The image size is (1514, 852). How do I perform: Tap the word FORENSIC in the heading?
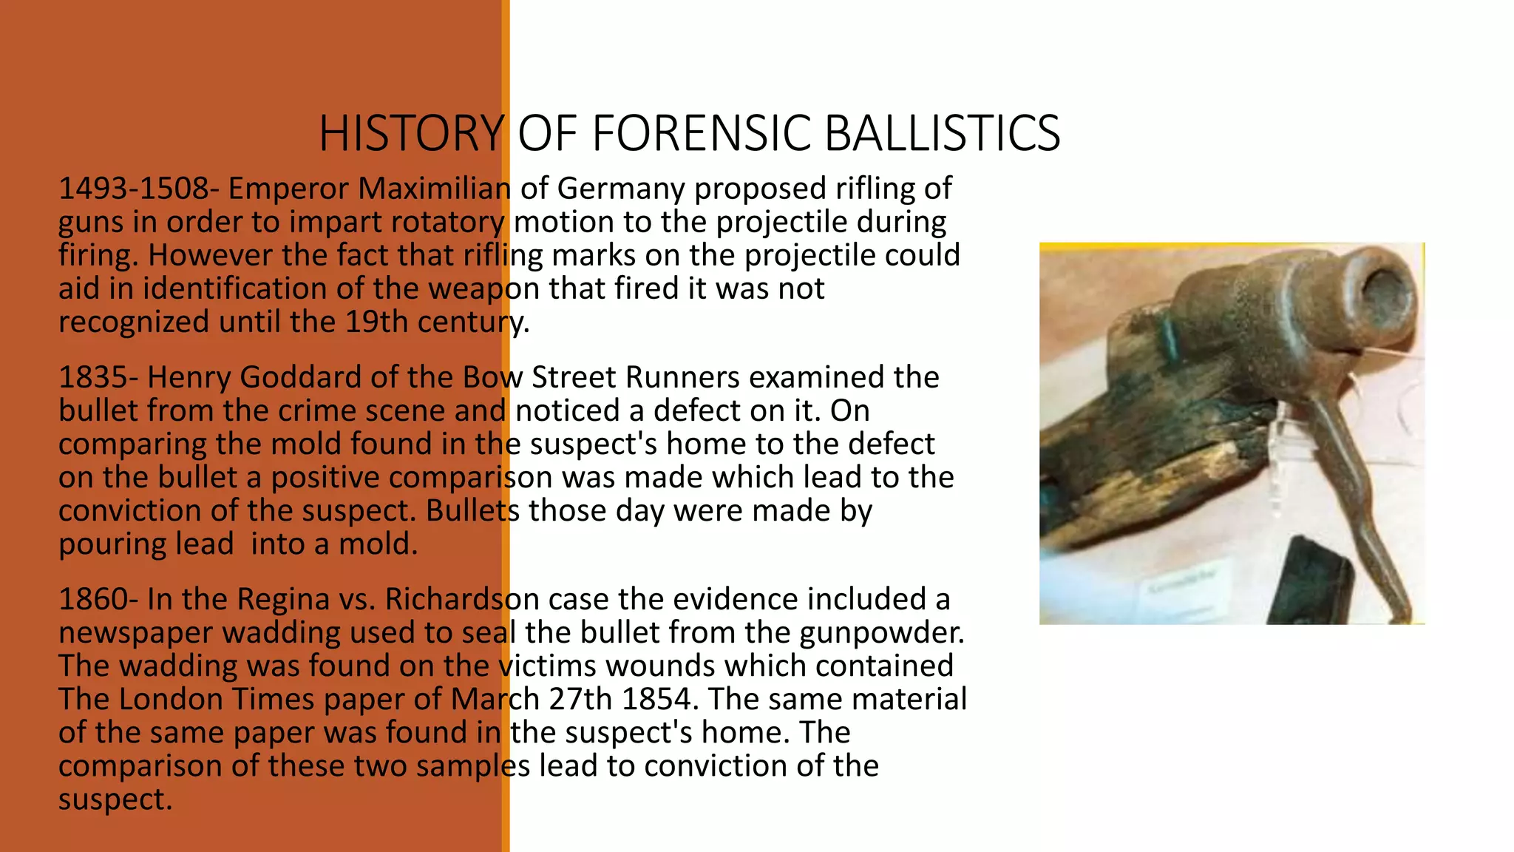click(702, 134)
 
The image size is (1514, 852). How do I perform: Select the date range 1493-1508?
click(134, 189)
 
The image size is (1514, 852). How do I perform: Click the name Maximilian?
click(434, 189)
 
